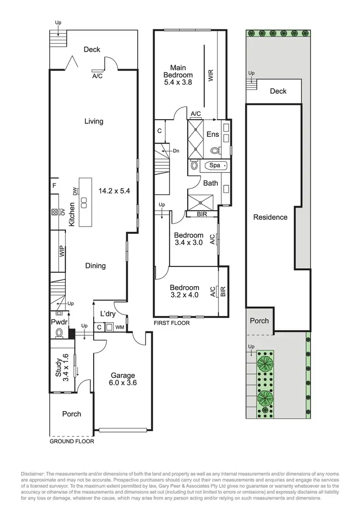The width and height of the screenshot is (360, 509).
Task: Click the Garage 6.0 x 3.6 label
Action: click(123, 379)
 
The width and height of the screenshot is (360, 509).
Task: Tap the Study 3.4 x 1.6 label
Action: click(62, 368)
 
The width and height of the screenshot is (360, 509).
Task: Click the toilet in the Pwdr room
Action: click(60, 333)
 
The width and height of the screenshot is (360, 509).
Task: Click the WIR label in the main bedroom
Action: click(211, 75)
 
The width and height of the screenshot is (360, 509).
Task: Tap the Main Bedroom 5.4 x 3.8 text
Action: click(178, 75)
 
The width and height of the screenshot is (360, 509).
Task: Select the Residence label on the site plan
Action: click(270, 217)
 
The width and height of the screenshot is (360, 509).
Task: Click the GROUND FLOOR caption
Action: click(72, 441)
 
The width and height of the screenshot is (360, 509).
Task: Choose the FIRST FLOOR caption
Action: click(171, 323)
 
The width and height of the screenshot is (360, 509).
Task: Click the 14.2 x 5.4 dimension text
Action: click(114, 191)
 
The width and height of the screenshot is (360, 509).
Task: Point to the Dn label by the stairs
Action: click(176, 151)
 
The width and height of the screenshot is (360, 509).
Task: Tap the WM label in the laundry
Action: click(119, 327)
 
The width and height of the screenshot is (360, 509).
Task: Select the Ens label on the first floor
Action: click(213, 134)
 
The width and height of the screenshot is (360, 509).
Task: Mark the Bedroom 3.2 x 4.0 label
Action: click(184, 291)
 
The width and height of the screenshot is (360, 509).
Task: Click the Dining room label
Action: click(96, 266)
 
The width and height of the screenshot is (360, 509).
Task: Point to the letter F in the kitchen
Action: click(54, 184)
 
